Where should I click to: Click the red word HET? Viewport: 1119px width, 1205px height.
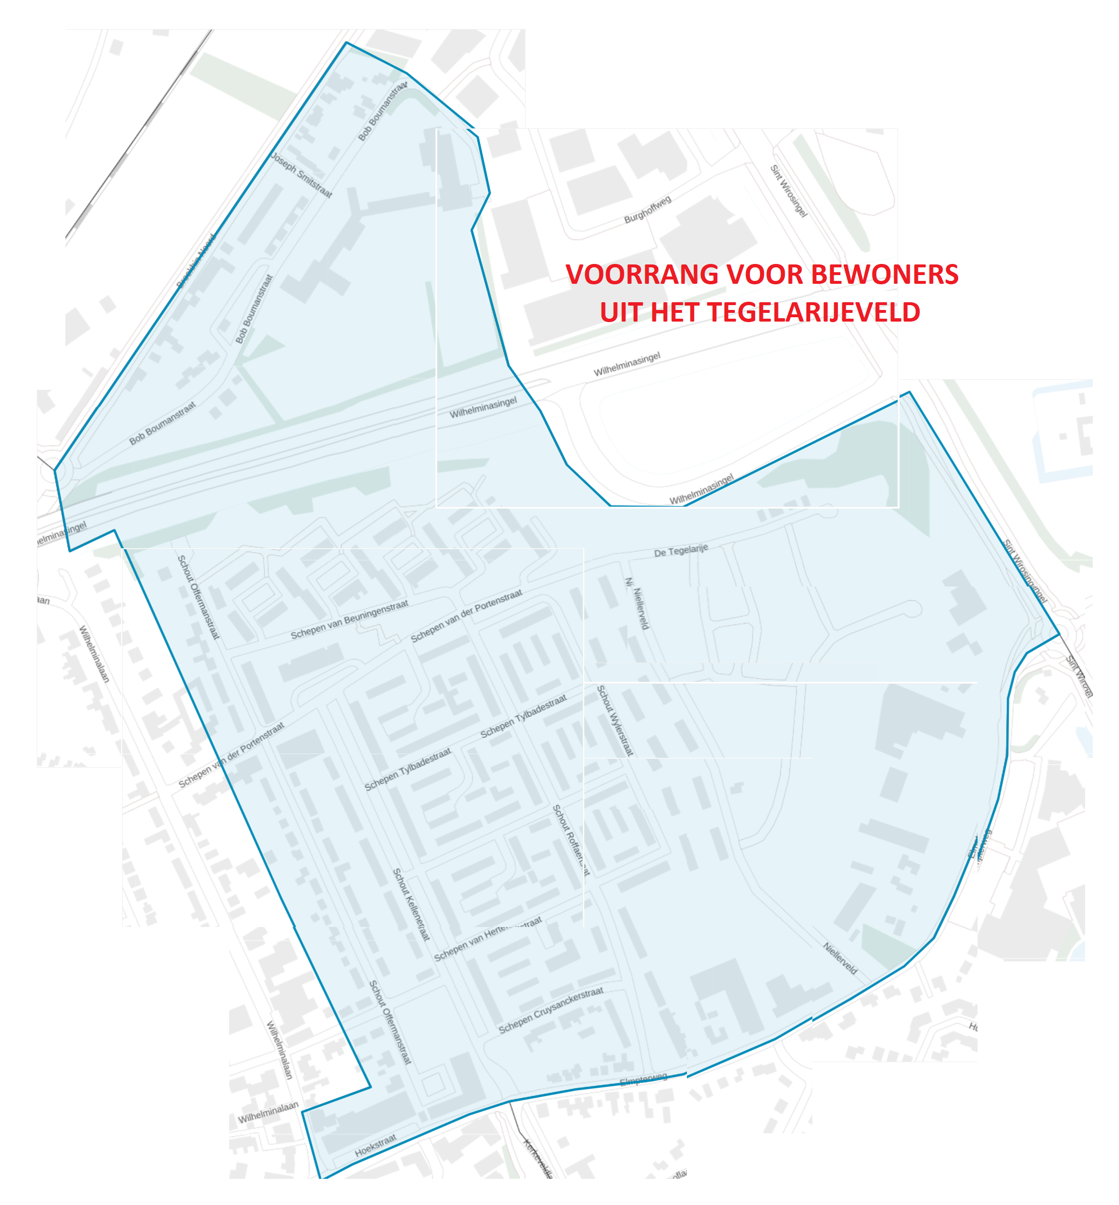point(673,312)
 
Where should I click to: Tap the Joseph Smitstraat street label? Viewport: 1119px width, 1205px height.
point(301,175)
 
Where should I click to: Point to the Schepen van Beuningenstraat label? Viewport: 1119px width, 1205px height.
point(349,619)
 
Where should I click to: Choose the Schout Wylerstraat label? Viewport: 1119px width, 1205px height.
point(615,720)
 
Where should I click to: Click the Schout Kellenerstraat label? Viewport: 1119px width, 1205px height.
point(411,904)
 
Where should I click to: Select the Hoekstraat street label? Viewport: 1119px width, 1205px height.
point(375,1145)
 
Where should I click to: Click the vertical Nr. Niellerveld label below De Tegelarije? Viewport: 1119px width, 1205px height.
point(637,604)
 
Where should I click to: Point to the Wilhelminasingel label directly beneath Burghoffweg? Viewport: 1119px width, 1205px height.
point(627,364)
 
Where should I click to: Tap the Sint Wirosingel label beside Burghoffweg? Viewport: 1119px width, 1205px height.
point(789,191)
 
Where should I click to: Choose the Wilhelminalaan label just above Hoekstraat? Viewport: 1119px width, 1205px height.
point(268,1113)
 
